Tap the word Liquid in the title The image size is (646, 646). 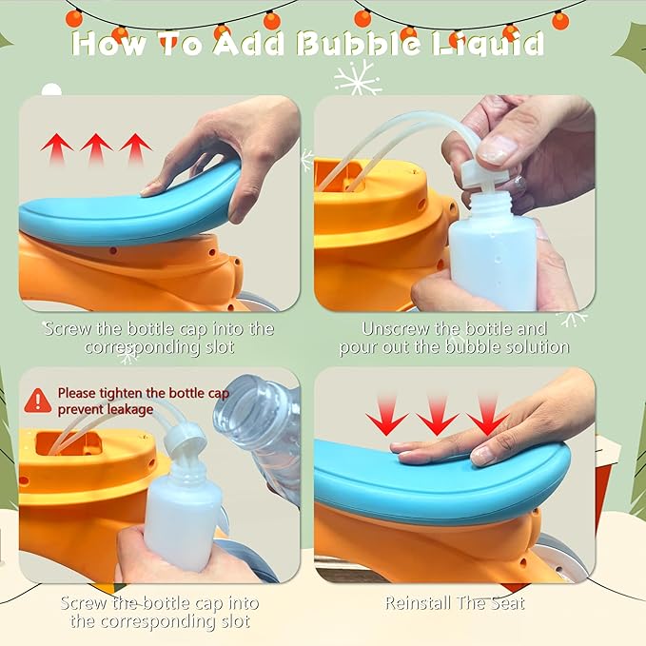488,45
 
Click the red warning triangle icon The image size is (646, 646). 38,400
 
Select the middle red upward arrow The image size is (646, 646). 96,148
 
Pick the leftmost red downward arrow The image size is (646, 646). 386,416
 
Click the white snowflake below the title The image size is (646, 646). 357,77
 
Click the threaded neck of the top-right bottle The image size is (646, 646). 494,203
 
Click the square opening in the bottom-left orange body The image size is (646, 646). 68,443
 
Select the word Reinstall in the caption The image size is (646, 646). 418,603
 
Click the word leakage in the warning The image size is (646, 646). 129,409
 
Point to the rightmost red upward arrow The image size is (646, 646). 136,148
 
